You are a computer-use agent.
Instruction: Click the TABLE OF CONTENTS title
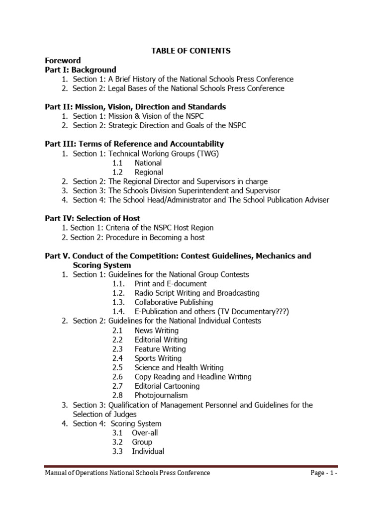(x=191, y=51)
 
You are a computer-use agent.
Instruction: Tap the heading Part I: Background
(x=80, y=70)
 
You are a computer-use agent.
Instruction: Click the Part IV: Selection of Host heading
(x=92, y=218)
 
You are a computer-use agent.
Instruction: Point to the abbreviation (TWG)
(x=207, y=154)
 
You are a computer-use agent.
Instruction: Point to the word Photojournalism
(x=161, y=395)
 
